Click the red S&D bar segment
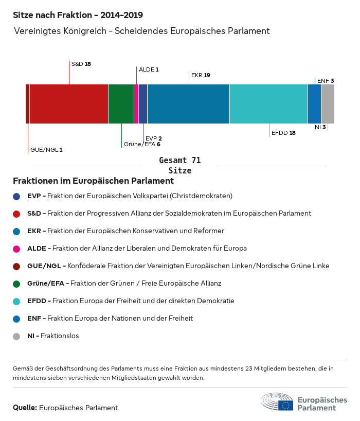[x=69, y=104]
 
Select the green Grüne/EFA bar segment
[x=121, y=104]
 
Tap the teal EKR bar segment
[x=188, y=104]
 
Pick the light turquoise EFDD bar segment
[x=268, y=104]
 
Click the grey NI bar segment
[x=328, y=104]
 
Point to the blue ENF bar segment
[x=314, y=104]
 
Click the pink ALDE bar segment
[x=136, y=104]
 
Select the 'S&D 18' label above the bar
[x=81, y=64]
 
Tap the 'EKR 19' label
[x=201, y=75]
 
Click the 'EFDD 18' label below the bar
[x=283, y=133]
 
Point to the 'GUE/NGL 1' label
[x=46, y=150]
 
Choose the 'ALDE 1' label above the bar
[x=149, y=69]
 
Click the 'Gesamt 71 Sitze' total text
[x=180, y=165]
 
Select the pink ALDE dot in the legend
[x=16, y=249]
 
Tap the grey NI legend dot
[x=16, y=336]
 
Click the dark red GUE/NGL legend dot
[x=16, y=266]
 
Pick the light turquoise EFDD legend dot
[x=16, y=301]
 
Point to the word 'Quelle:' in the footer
[x=25, y=408]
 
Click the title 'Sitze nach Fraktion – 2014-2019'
[x=78, y=15]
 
